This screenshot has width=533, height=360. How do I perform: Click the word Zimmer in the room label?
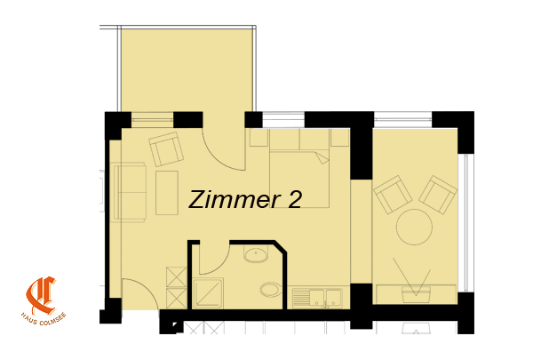click(x=235, y=199)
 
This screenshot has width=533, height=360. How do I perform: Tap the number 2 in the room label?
click(x=294, y=199)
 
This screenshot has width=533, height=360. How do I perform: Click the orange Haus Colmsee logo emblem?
click(x=41, y=295)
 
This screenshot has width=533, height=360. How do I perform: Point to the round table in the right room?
click(x=414, y=227)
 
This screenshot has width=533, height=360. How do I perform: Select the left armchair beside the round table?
click(x=393, y=195)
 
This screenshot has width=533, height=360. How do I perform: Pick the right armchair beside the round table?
click(x=438, y=195)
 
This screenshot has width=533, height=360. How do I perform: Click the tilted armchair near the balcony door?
click(x=166, y=148)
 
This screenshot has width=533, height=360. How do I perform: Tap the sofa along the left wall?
click(x=129, y=192)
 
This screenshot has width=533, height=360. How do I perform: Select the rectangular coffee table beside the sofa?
click(x=167, y=193)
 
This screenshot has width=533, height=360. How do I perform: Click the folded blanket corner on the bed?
click(x=322, y=157)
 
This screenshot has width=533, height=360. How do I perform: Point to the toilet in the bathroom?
click(x=271, y=290)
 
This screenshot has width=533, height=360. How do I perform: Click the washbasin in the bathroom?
click(x=256, y=255)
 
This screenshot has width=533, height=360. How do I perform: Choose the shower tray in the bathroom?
click(x=208, y=293)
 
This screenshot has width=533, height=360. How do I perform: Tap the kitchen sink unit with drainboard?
click(x=317, y=298)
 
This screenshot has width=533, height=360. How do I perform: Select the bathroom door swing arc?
click(x=219, y=265)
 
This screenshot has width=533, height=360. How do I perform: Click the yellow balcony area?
click(x=187, y=69)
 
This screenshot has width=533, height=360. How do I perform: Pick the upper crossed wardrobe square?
click(x=177, y=277)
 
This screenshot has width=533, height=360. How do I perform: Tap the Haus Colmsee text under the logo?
click(x=44, y=320)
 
